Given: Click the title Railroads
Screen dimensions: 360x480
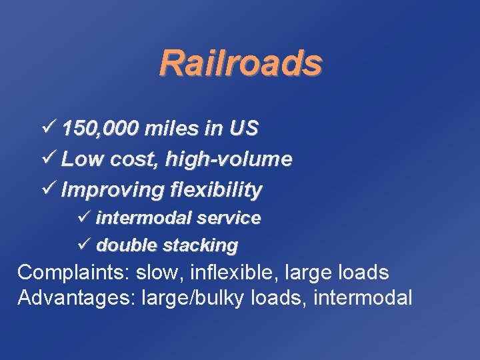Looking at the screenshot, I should click(x=240, y=63).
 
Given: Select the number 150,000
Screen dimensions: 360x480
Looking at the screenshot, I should click(x=101, y=128).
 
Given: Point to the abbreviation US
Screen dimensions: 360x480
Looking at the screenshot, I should click(x=243, y=128).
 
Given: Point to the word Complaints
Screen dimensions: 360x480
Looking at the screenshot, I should click(x=73, y=273).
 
